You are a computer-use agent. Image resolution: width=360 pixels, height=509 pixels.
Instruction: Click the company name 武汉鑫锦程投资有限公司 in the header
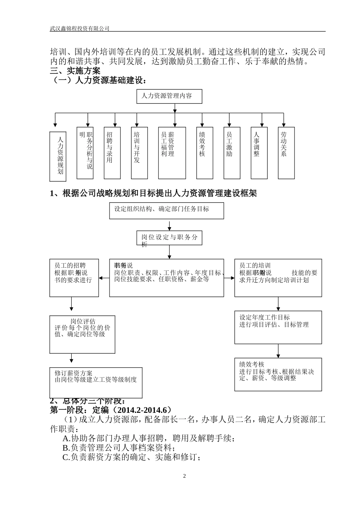(x=80, y=28)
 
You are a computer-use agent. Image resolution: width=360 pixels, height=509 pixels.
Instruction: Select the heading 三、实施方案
(x=75, y=71)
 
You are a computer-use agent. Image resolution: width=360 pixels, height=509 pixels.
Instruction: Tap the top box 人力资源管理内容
(x=169, y=96)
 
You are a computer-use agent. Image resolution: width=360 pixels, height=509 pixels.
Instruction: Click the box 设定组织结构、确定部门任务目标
(x=166, y=211)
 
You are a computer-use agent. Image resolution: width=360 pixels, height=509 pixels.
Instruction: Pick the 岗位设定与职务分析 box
(x=169, y=238)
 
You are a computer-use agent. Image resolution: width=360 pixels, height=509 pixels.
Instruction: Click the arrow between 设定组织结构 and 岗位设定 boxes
(x=169, y=225)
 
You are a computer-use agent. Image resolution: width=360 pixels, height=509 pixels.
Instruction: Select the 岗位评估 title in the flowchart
(x=83, y=321)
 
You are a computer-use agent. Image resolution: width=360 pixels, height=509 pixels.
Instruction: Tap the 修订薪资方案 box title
(x=74, y=373)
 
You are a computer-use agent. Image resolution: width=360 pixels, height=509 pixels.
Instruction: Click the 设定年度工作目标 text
(x=265, y=317)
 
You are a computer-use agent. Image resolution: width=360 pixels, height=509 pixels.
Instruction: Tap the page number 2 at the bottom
(x=185, y=476)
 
